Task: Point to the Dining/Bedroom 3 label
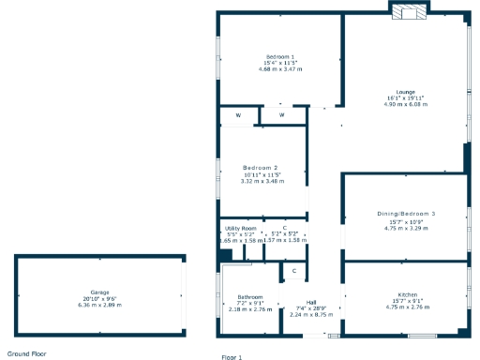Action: [406, 215]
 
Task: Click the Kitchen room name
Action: [407, 294]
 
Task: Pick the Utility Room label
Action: [240, 228]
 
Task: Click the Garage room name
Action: [100, 292]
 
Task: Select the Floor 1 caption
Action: [232, 357]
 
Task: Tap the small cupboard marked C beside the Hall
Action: [294, 272]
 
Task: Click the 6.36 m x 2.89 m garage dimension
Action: [100, 305]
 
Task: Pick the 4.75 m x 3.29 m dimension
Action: [406, 227]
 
